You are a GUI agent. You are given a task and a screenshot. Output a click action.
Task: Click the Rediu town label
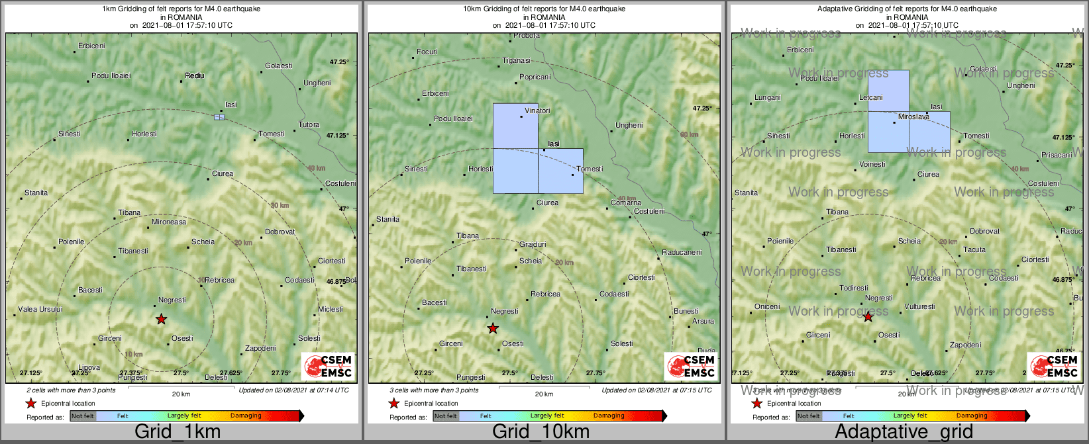click(x=195, y=76)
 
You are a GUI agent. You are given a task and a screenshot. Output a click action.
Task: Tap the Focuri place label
click(x=427, y=52)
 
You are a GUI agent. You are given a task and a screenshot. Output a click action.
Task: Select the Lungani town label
click(x=768, y=98)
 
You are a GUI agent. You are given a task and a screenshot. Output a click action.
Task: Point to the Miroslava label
click(x=913, y=117)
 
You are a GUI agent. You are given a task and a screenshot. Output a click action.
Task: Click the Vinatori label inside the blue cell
click(x=537, y=111)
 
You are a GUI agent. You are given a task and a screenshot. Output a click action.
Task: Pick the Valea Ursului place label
click(x=40, y=310)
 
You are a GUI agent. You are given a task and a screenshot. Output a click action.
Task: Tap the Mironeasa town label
click(x=169, y=222)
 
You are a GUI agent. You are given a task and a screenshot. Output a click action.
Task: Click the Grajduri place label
click(x=533, y=245)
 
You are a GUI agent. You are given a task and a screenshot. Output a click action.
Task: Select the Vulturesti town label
click(x=919, y=307)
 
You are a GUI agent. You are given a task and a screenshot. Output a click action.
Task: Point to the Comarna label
click(x=625, y=203)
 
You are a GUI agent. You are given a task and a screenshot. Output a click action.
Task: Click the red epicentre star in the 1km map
click(x=161, y=320)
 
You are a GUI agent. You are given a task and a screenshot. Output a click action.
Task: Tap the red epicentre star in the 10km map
click(x=493, y=329)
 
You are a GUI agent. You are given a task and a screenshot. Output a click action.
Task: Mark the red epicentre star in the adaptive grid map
click(x=868, y=317)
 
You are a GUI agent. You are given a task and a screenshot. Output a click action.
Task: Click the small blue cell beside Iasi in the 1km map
click(x=219, y=117)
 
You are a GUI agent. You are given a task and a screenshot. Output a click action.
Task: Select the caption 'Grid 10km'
click(x=541, y=432)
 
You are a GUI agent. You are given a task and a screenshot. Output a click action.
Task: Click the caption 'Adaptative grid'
click(x=904, y=432)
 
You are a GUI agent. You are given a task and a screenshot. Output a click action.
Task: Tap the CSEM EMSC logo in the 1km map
click(x=327, y=367)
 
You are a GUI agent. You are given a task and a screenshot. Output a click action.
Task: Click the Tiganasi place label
click(x=516, y=61)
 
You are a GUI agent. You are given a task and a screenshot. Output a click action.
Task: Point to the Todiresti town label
click(x=854, y=289)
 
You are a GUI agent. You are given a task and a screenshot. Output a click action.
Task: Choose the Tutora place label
click(x=309, y=125)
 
